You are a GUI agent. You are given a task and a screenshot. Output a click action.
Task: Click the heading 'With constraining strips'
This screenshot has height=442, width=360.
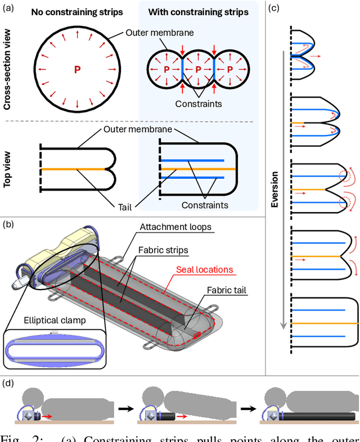point(198,12)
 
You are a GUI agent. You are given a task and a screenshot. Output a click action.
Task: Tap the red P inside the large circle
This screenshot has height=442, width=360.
point(77,69)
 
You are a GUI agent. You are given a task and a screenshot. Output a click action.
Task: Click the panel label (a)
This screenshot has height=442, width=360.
point(8,7)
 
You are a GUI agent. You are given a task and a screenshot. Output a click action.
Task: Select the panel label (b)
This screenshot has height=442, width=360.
point(8,224)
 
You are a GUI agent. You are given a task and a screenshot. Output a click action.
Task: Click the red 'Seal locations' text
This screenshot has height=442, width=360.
point(204,269)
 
